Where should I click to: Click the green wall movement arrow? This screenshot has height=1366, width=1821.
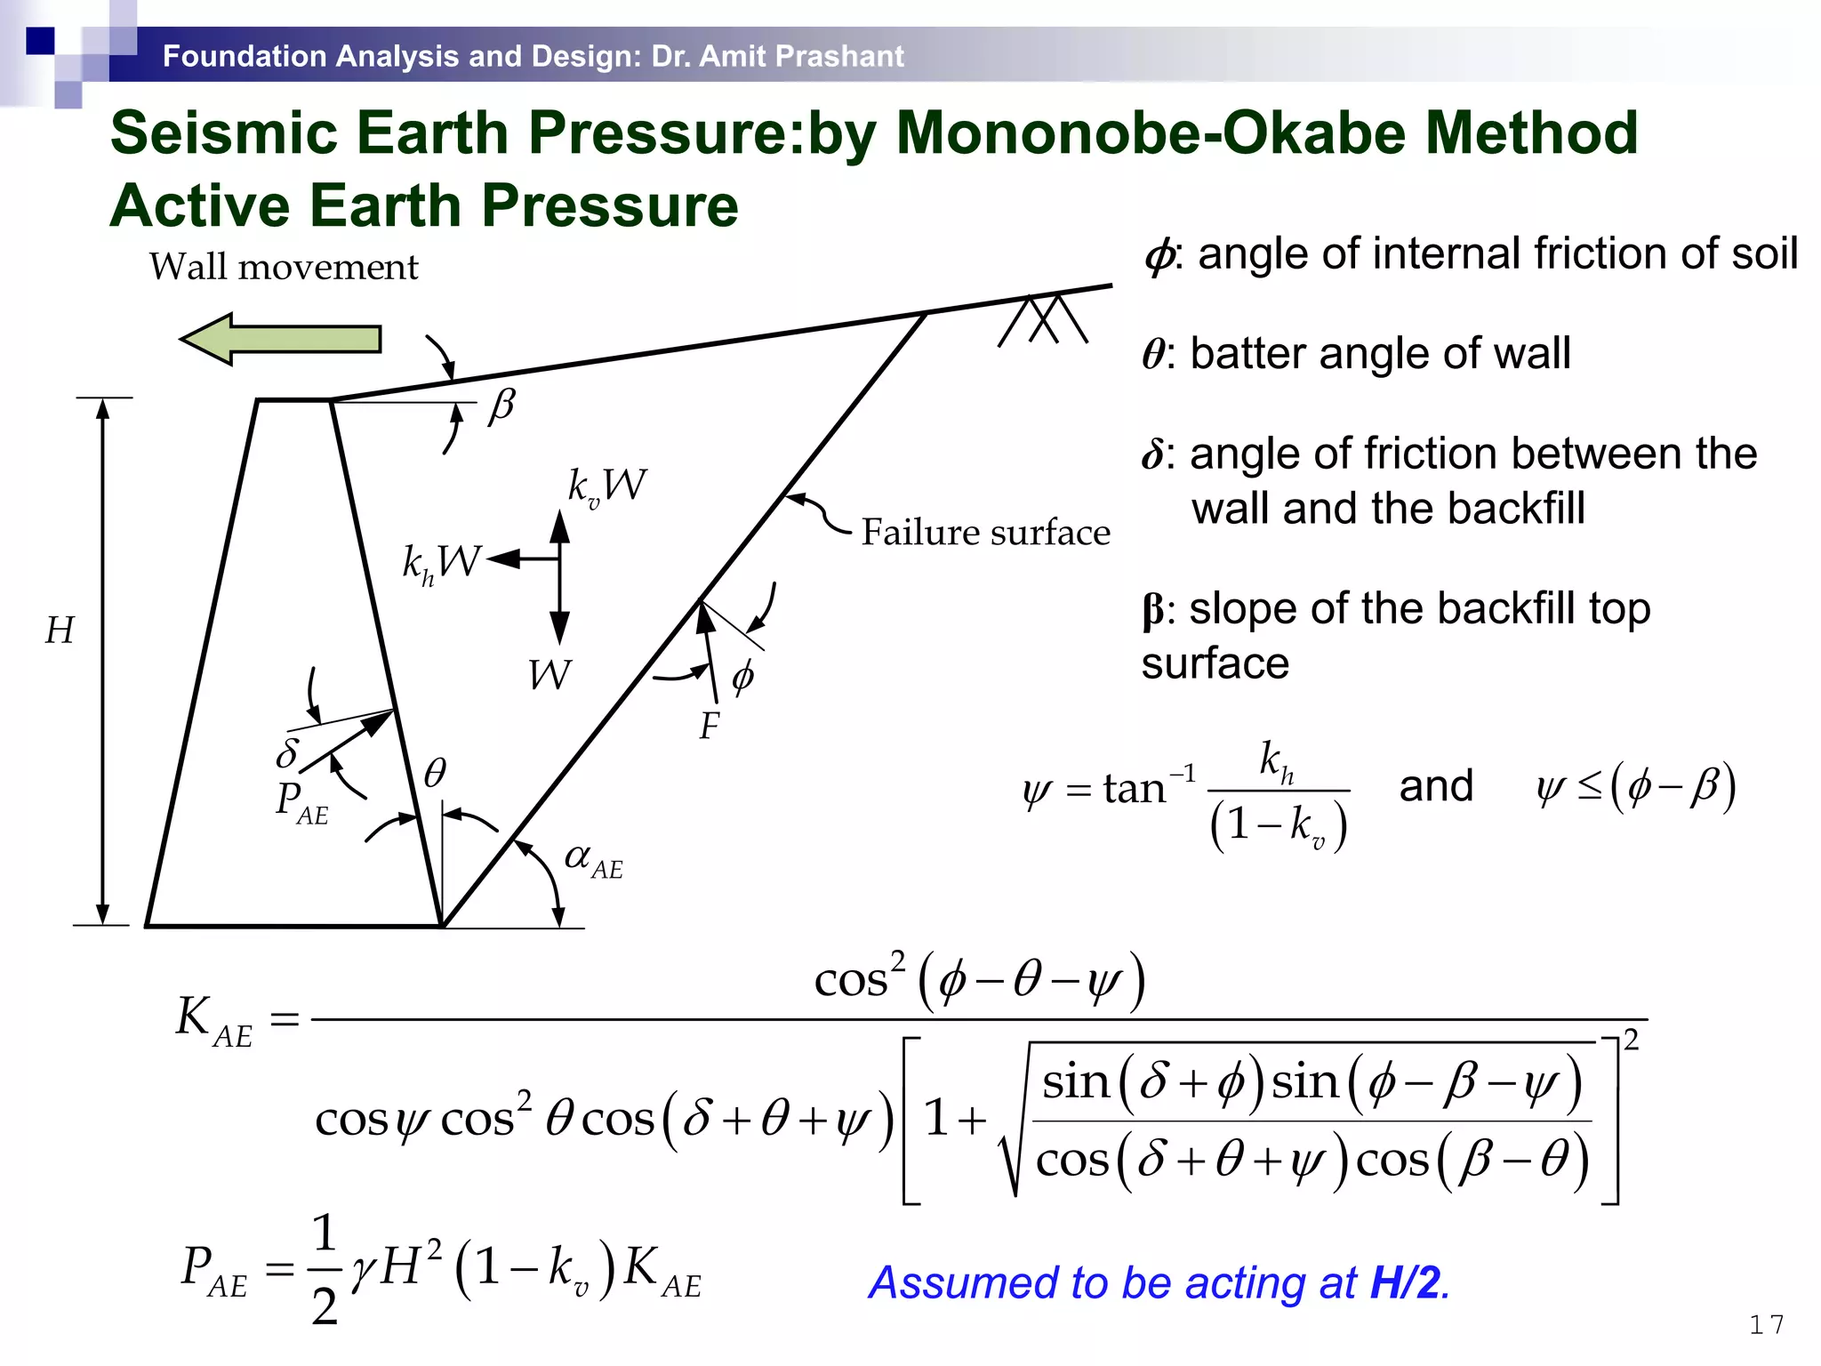click(281, 339)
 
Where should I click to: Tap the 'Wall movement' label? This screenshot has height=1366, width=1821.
click(283, 267)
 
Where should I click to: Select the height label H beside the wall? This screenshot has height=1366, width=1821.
click(60, 631)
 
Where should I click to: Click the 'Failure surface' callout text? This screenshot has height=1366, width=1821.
click(985, 533)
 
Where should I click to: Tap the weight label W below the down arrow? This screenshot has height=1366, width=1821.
click(549, 675)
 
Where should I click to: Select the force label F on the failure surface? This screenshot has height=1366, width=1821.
click(709, 727)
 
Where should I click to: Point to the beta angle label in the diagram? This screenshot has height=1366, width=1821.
click(501, 406)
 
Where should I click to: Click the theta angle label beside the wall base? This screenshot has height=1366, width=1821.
click(435, 773)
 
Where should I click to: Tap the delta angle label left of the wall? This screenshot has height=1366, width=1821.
click(286, 752)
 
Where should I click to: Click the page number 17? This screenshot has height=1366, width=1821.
click(1766, 1325)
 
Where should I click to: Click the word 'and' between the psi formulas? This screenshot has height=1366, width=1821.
click(1436, 786)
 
